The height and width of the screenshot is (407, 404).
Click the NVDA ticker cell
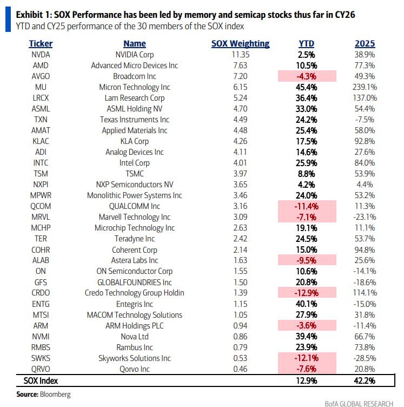[x=40, y=55]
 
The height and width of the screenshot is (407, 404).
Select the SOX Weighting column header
[x=240, y=43]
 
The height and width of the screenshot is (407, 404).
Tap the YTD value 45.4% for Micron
[x=307, y=87]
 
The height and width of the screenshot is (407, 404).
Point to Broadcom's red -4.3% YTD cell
[x=307, y=76]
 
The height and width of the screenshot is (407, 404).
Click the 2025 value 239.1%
[x=365, y=87]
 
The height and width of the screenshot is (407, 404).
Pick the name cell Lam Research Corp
[x=134, y=98]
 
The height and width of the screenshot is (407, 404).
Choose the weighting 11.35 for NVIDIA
[x=240, y=55]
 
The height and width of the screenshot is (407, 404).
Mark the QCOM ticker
[x=40, y=206]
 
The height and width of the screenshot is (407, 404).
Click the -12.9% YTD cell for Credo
[x=307, y=293]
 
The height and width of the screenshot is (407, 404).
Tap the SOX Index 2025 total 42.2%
[x=365, y=381]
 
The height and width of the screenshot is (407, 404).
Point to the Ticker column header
[x=40, y=43]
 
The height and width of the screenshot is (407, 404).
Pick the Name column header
[x=134, y=43]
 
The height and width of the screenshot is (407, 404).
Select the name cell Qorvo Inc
[x=134, y=369]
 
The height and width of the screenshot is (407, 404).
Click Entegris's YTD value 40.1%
[x=307, y=304]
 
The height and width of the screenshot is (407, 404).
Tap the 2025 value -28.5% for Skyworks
[x=365, y=358]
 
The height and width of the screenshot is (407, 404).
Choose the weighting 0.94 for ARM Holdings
[x=240, y=325]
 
